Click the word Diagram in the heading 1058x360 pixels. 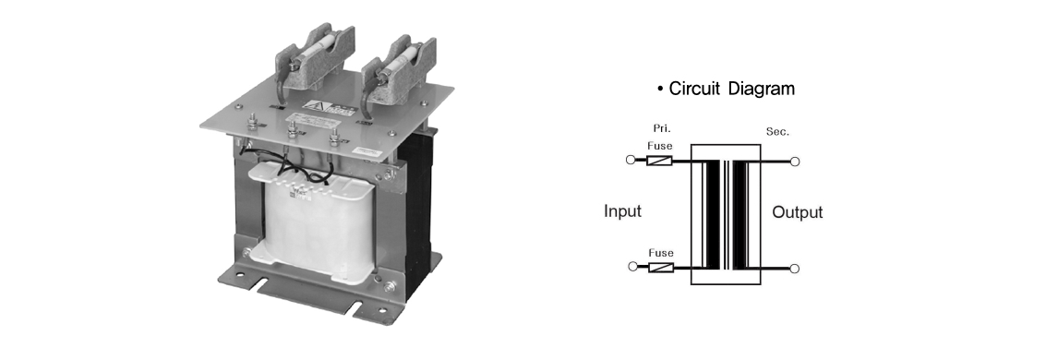point(763,89)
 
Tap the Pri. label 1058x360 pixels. point(662,128)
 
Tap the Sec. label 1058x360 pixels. point(777,132)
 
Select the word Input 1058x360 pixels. point(622,211)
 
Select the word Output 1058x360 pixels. point(797,212)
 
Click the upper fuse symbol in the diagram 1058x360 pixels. point(660,161)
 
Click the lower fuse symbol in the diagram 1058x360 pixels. point(661,268)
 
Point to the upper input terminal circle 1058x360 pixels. point(631,160)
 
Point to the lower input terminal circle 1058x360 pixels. point(632,266)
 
